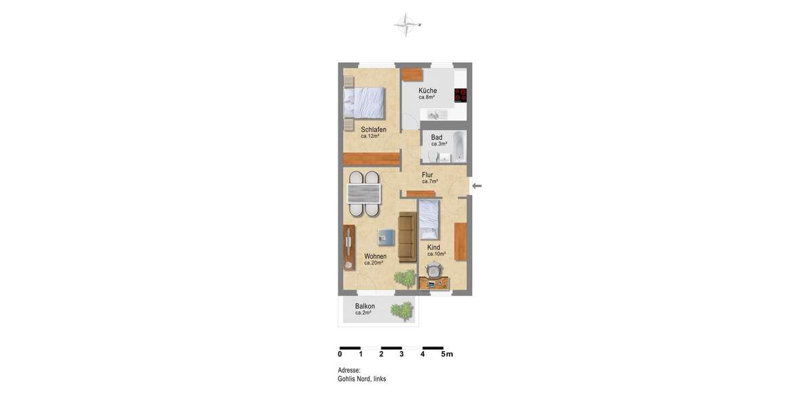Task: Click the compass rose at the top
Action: tap(405, 24)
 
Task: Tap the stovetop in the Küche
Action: tap(461, 95)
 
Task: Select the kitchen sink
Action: tap(434, 115)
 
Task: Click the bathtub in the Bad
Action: tap(459, 146)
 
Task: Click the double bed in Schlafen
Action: tap(363, 103)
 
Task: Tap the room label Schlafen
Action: tap(374, 129)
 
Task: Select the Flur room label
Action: tap(427, 175)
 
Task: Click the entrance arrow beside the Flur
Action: tap(477, 186)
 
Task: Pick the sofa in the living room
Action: tap(407, 237)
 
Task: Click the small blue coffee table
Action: tap(386, 237)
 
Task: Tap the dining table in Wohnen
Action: tap(363, 194)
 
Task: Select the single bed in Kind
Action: tap(429, 220)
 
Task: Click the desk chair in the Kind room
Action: tap(434, 270)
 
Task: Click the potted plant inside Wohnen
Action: tap(406, 277)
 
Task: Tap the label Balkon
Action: tap(365, 307)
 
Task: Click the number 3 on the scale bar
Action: tap(401, 354)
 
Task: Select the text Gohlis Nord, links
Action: tap(361, 379)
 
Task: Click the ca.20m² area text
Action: tap(374, 263)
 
